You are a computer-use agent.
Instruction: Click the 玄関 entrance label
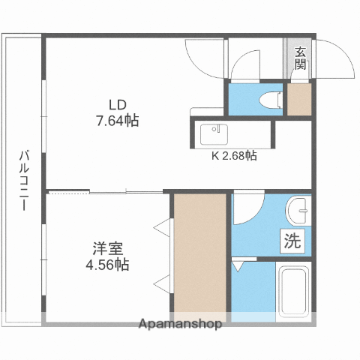coord(300,58)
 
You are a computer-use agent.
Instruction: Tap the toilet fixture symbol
coord(271,100)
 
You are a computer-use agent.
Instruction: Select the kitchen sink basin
coord(214,134)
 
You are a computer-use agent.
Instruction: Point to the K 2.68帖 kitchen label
coord(234,156)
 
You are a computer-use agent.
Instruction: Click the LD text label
coord(117,105)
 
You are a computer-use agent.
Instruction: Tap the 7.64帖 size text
coord(118,121)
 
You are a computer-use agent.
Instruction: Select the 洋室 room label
coord(108,248)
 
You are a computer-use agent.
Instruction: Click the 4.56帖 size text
coord(107,265)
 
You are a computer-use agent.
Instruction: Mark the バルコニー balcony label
coord(24,181)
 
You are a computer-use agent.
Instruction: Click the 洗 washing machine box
coord(292,241)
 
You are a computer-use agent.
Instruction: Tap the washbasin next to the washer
coord(298,210)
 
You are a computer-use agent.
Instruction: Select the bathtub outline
coord(293,292)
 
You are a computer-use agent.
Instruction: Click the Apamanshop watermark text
coord(180,324)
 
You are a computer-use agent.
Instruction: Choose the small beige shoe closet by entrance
coord(299,99)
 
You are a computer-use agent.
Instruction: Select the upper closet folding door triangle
coord(162,228)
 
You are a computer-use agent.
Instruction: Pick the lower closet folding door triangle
coord(162,283)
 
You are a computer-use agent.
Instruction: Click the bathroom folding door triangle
coord(237,266)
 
